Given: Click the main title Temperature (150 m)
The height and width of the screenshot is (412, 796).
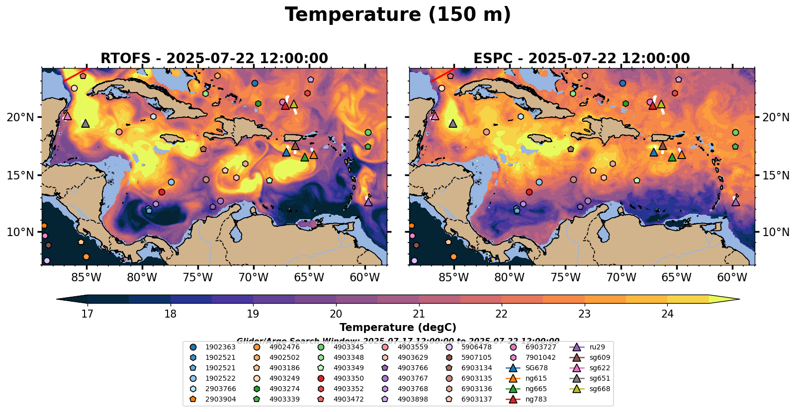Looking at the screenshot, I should point(398,15).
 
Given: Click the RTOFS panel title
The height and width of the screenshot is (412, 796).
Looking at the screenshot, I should point(214,58).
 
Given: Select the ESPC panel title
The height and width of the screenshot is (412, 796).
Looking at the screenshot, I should point(581,58).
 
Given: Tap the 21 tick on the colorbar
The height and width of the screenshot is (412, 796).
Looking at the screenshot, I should point(419,314).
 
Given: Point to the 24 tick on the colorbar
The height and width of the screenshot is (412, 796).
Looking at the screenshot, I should point(667,314).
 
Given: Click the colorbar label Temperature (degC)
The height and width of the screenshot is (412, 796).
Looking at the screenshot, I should point(398,328).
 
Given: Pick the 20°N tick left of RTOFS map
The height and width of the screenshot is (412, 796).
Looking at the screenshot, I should point(20,117).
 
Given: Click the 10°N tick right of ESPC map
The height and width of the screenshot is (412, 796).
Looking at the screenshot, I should point(776,232).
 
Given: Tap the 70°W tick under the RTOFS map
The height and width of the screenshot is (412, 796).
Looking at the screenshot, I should point(254,277).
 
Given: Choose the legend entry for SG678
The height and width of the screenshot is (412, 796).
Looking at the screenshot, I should point(529,368).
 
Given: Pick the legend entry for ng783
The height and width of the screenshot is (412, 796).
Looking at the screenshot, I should point(529,399).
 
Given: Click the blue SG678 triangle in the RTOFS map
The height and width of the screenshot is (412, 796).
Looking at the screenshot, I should point(286,152).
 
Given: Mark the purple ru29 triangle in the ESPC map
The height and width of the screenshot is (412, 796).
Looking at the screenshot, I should point(736,202).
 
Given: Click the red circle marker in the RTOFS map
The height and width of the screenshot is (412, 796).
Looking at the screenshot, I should point(162,192).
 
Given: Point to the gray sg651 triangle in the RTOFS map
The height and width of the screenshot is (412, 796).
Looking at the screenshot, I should point(86,123).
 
